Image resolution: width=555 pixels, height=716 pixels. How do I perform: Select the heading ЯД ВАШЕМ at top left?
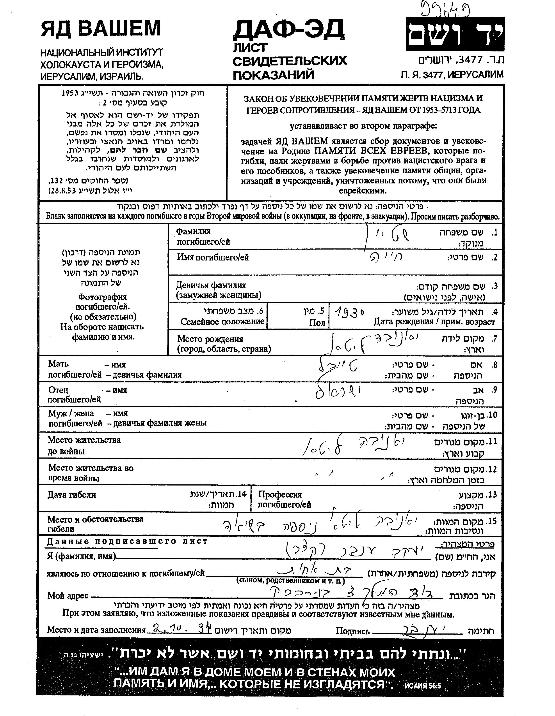101,29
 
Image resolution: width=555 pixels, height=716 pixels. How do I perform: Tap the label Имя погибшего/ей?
213,257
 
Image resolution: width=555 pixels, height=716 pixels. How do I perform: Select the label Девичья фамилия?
211,285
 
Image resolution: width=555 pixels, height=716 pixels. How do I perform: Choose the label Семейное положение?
222,321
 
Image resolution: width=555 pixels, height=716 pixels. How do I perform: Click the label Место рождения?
210,339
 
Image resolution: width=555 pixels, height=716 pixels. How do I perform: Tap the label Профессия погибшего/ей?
284,499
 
